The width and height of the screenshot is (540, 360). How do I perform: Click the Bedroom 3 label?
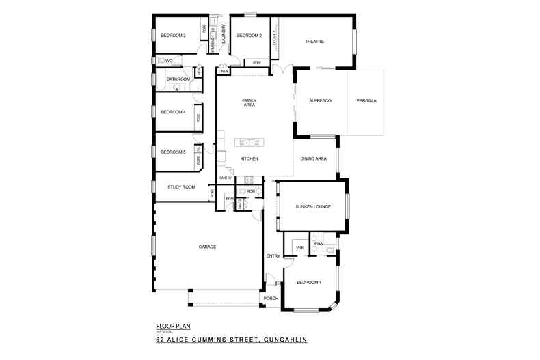pyautogui.click(x=174, y=36)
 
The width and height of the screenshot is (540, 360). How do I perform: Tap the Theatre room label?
pyautogui.click(x=314, y=42)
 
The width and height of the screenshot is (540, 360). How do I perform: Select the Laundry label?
pyautogui.click(x=224, y=34)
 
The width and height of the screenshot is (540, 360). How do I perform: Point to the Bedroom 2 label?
pyautogui.click(x=249, y=36)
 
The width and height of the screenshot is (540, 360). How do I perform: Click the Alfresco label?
pyautogui.click(x=320, y=101)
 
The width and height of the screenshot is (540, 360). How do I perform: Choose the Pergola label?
pyautogui.click(x=366, y=101)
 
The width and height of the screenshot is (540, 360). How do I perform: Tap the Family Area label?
pyautogui.click(x=249, y=103)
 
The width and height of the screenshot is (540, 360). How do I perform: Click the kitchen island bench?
pyautogui.click(x=249, y=143)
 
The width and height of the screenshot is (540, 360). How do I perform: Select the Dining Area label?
pyautogui.click(x=313, y=158)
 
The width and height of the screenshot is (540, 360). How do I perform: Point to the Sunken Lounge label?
pyautogui.click(x=313, y=206)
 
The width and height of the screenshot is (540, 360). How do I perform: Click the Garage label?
pyautogui.click(x=207, y=247)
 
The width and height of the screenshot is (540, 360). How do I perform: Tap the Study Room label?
pyautogui.click(x=182, y=186)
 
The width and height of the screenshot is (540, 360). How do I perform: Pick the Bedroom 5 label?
pyautogui.click(x=173, y=152)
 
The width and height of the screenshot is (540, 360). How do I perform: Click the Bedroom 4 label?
pyautogui.click(x=173, y=112)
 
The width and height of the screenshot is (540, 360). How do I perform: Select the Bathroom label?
pyautogui.click(x=178, y=79)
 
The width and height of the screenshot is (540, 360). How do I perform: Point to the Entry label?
pyautogui.click(x=273, y=256)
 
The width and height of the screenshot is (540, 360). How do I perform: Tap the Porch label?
pyautogui.click(x=271, y=299)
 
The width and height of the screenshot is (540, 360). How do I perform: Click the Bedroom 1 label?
pyautogui.click(x=308, y=282)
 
